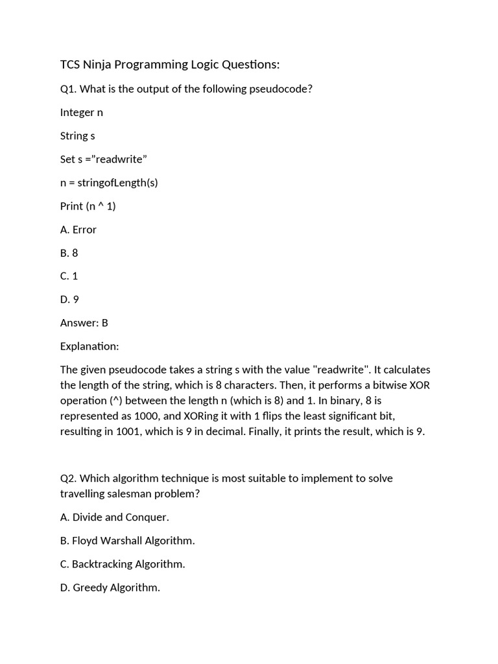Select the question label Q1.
coord(68,89)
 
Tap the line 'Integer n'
coord(82,112)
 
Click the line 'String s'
coord(78,136)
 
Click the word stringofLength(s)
coord(118,182)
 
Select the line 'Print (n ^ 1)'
coord(88,206)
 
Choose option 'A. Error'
coord(78,229)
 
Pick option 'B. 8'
coord(69,252)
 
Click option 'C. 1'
coord(69,276)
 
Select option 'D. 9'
coord(70,299)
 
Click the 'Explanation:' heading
coord(89,346)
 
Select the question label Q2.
coord(68,478)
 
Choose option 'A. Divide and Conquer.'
coord(115,517)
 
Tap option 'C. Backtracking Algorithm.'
coord(123,563)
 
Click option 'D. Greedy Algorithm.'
coord(110,587)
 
